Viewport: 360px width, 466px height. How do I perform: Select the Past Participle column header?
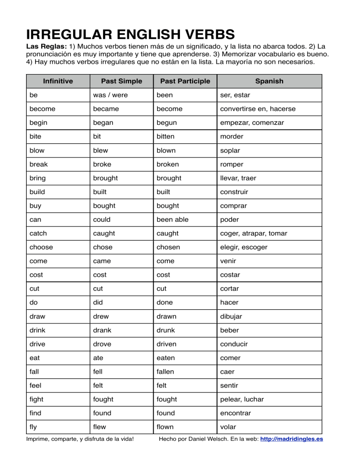click(x=185, y=81)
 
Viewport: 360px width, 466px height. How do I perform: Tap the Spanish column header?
click(x=269, y=81)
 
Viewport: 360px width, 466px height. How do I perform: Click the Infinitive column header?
click(x=58, y=81)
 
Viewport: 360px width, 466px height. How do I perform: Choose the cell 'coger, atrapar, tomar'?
click(x=254, y=233)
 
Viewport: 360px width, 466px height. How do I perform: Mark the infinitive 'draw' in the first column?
click(x=37, y=316)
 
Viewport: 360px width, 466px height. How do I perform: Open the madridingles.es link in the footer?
click(x=291, y=440)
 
